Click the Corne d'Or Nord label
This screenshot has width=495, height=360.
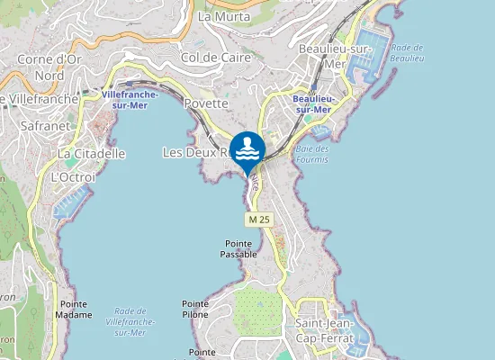tap(51, 67)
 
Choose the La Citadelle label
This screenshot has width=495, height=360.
tap(91, 154)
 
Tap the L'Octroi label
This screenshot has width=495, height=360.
tap(73, 176)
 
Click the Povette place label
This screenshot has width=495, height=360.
tap(205, 104)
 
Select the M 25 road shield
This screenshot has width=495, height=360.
tap(258, 220)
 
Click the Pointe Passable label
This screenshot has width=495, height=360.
tap(238, 248)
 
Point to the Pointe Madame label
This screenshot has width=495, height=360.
tap(75, 310)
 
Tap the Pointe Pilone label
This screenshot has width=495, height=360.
tap(194, 309)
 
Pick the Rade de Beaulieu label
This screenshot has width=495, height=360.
tap(407, 52)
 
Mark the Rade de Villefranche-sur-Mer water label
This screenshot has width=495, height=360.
tap(130, 320)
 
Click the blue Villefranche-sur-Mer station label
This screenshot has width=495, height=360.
tap(130, 99)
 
